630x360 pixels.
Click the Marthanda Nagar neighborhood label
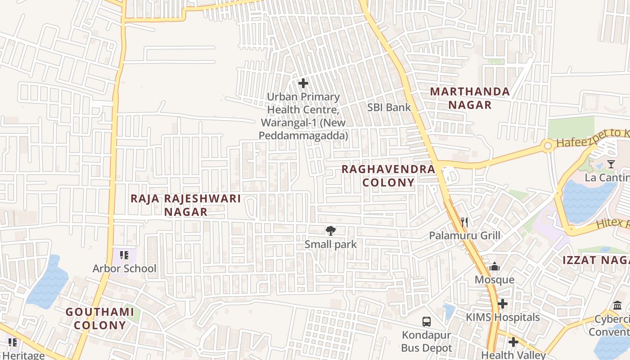[470, 98]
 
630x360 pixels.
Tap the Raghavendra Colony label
[388, 175]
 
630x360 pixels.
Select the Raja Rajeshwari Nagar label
[186, 205]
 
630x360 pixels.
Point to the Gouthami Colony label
[100, 318]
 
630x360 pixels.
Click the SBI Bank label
[389, 107]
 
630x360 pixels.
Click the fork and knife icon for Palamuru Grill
[465, 222]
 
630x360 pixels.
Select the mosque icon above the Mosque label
[495, 267]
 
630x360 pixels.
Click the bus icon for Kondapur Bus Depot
[426, 322]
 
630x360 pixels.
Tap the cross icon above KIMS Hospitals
[503, 304]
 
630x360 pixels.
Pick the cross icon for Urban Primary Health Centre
[303, 83]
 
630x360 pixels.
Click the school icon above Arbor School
[125, 256]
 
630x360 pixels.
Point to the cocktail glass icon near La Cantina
[611, 164]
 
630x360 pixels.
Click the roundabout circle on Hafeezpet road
[548, 146]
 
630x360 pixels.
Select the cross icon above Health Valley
[513, 342]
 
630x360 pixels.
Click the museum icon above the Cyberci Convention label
[617, 306]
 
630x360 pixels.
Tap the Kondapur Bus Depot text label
[426, 342]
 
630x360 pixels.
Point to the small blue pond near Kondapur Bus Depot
[449, 311]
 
